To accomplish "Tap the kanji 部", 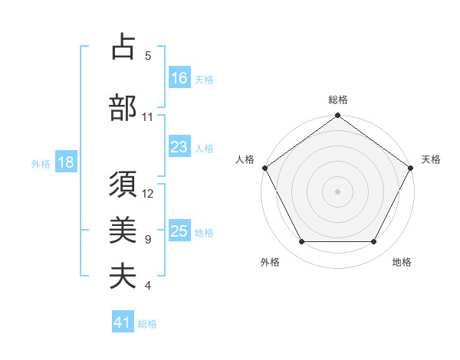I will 123,108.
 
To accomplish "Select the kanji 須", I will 123,186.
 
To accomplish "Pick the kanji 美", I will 123,231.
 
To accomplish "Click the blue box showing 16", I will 179,77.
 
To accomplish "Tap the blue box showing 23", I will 179,148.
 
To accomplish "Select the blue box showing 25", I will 179,231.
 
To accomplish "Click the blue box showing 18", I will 65,162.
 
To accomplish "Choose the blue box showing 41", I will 123,322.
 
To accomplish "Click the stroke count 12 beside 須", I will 149,194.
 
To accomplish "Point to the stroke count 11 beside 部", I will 148,117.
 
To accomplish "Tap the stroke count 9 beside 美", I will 148,240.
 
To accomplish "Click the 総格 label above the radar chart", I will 337,100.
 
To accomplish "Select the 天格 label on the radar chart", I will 431,159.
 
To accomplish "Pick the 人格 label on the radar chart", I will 245,159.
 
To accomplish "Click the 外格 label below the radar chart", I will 270,262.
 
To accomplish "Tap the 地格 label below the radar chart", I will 402,262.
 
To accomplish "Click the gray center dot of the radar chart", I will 337,191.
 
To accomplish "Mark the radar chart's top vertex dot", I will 337,116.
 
